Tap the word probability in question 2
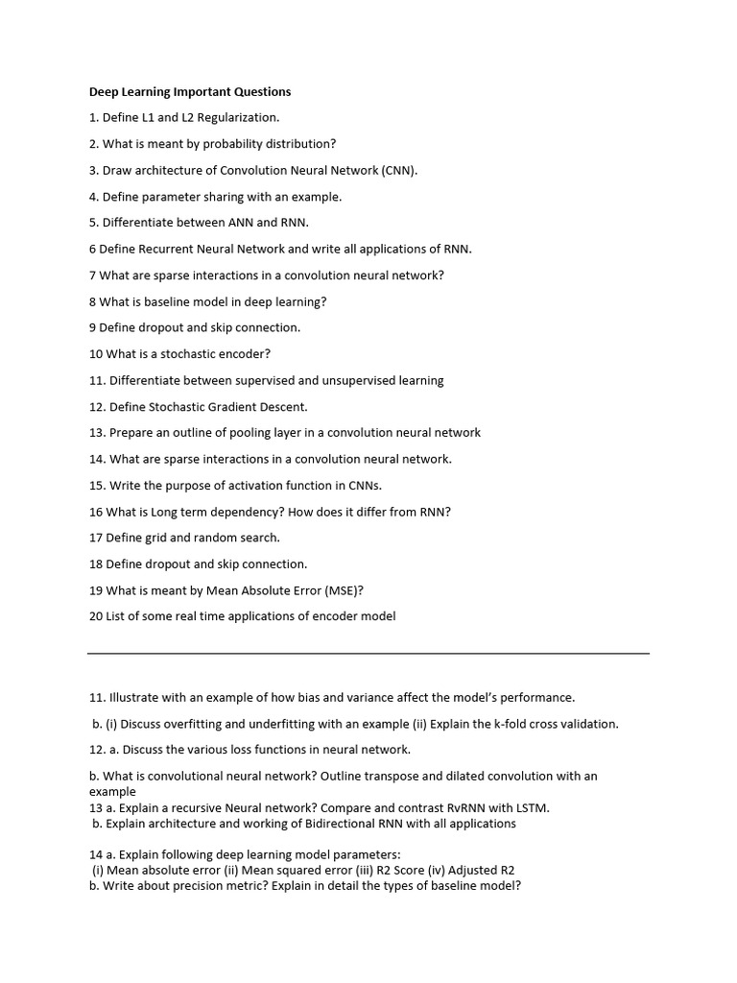click(225, 144)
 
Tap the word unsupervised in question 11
click(363, 380)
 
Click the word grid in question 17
click(155, 538)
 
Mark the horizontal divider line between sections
click(368, 654)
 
